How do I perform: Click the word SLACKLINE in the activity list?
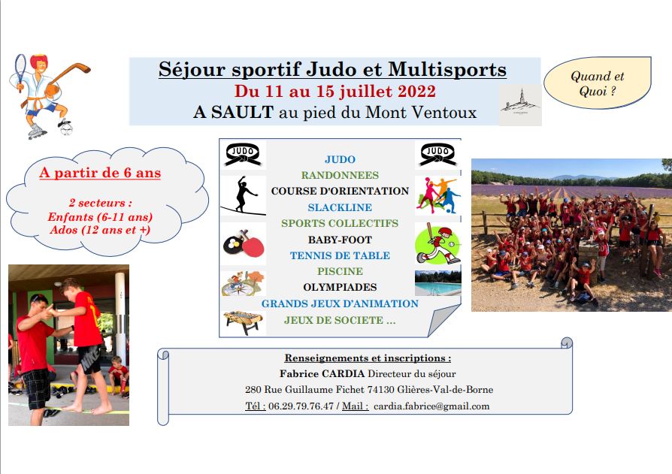tap(340, 207)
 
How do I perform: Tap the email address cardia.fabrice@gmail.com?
tap(431, 406)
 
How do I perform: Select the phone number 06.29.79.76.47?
tap(301, 406)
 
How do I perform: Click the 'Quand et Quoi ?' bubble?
tap(598, 83)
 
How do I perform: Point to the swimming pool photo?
tap(438, 283)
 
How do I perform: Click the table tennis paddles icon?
tap(244, 243)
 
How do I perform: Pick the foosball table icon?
tap(243, 322)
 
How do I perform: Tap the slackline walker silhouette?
tap(244, 195)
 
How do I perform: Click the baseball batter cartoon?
tap(437, 243)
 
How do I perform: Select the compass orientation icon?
tap(243, 283)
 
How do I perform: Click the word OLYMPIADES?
tap(340, 287)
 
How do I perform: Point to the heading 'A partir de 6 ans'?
tap(100, 173)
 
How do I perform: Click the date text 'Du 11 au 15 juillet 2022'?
tap(334, 91)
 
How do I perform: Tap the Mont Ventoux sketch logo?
tap(520, 104)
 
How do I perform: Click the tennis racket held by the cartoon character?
tap(20, 71)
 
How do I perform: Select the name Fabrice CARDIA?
tap(322, 374)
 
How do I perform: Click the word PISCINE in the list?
tap(340, 271)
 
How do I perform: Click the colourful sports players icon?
tap(437, 195)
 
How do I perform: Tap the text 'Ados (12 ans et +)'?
tap(100, 230)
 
